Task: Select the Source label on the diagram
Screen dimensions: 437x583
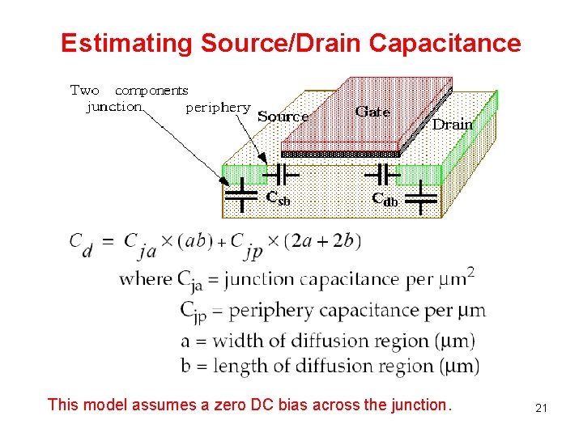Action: (283, 117)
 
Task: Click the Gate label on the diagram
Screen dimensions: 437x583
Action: (372, 112)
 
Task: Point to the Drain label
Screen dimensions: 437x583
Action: (452, 125)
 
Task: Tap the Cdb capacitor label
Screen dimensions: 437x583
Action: (385, 198)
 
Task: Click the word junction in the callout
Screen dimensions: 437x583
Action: (114, 107)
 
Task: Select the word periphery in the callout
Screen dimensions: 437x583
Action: (218, 107)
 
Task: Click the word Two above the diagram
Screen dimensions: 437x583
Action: (85, 91)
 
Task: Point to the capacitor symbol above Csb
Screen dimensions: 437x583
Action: (282, 173)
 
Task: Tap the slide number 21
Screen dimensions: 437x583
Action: (542, 409)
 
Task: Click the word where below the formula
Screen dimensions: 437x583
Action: (145, 279)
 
